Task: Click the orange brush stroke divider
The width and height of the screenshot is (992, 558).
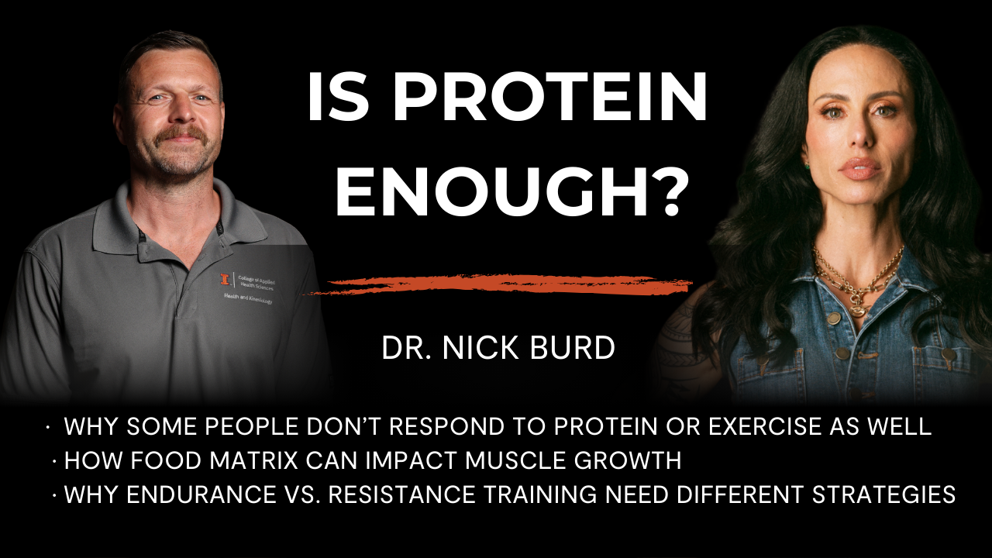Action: [496, 284]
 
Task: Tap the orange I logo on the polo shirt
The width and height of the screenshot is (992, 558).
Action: [225, 279]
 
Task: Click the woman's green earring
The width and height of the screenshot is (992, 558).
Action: [807, 167]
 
